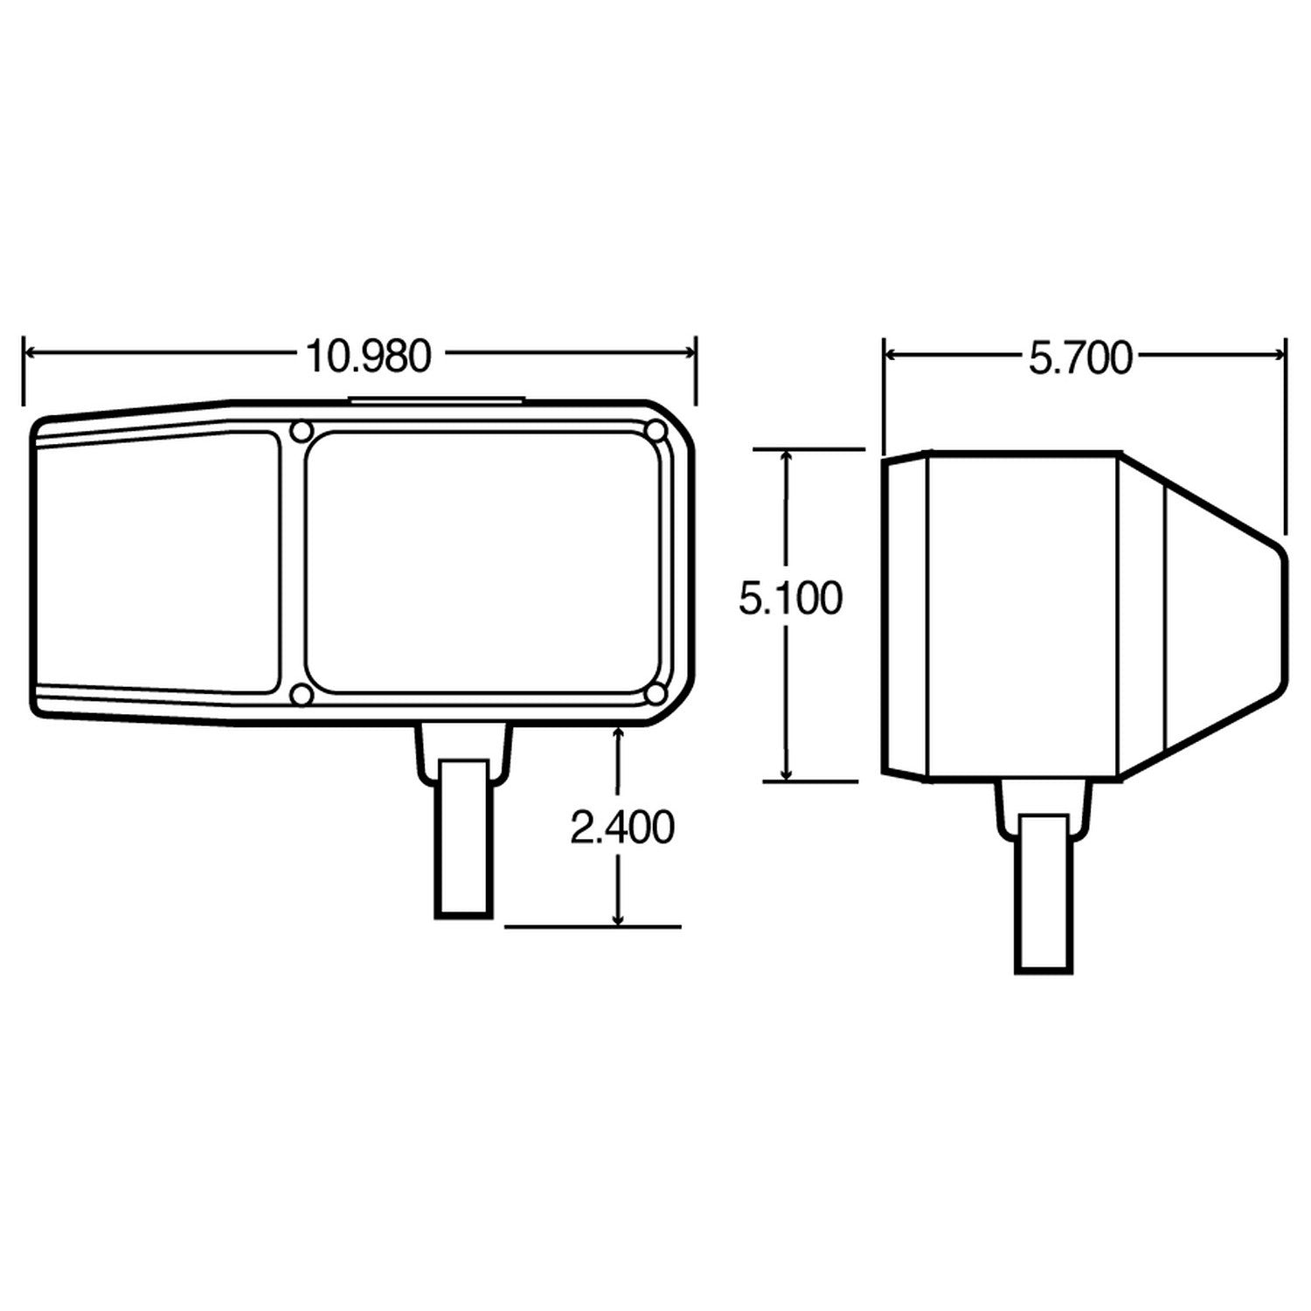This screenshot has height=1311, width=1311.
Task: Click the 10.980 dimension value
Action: pos(368,357)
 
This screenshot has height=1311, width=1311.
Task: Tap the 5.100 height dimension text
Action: pos(790,600)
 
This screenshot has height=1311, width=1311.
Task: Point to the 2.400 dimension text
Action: pos(621,828)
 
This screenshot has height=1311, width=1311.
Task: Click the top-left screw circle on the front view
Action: pos(301,431)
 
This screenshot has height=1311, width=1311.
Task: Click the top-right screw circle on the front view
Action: pos(655,431)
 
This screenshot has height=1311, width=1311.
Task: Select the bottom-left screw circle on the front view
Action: pos(301,694)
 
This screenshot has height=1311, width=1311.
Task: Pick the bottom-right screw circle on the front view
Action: pos(655,694)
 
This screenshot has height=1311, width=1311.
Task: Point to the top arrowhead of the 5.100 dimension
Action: pos(787,457)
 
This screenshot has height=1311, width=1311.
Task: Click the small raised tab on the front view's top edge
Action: pos(437,400)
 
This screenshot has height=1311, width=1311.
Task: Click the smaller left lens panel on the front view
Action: pos(157,559)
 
